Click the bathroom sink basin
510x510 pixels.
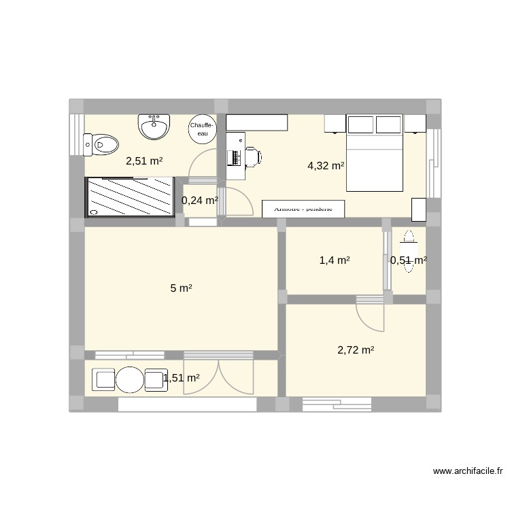154,126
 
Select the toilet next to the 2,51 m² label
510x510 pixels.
101,144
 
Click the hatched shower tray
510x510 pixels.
129,197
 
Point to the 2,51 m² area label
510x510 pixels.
144,161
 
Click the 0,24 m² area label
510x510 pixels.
199,201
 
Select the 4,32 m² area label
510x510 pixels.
326,165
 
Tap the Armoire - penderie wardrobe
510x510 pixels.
303,209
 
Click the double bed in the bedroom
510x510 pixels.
375,153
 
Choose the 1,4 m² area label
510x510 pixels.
335,260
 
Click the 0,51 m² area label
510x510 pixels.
408,260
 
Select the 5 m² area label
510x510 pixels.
180,288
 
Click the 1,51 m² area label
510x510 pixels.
181,379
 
